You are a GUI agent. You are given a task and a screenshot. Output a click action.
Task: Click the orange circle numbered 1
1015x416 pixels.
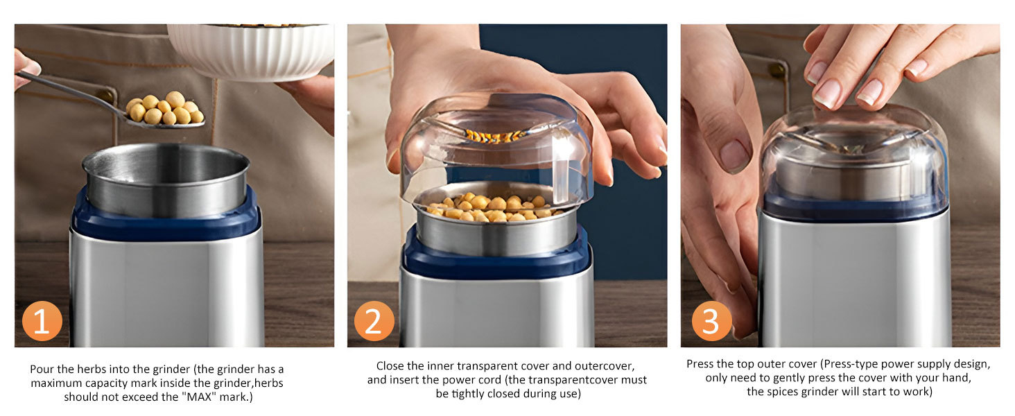(x=42, y=321)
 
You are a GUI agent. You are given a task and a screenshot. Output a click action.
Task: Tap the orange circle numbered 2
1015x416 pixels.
(x=374, y=321)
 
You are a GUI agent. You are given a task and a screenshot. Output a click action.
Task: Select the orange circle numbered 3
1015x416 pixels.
(x=711, y=321)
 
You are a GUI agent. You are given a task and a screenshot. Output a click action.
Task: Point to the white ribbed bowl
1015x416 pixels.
(x=252, y=52)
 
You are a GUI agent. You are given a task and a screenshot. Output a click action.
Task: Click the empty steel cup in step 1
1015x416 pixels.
(x=166, y=179)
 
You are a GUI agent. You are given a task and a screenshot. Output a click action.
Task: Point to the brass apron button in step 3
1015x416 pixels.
(x=778, y=70)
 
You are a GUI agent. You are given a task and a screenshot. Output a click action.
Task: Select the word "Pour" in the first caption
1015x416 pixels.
(x=42, y=370)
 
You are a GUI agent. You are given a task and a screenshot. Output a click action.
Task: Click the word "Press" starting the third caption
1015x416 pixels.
(x=701, y=364)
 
